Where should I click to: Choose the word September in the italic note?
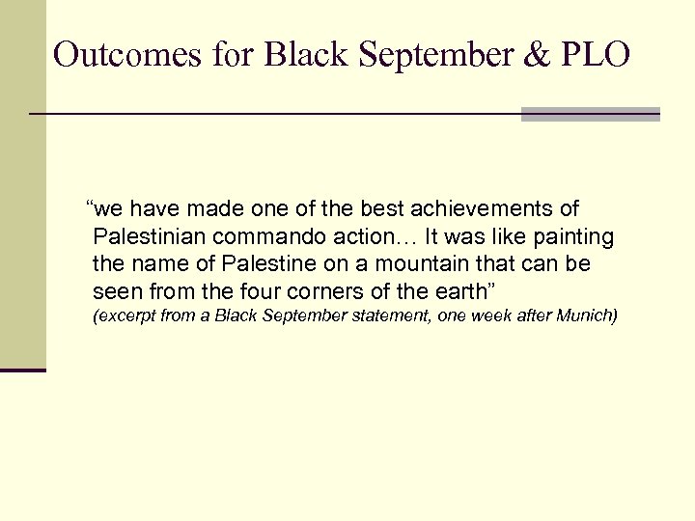coord(292,316)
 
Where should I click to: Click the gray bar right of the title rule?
coord(590,114)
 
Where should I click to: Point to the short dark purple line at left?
coord(23,370)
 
